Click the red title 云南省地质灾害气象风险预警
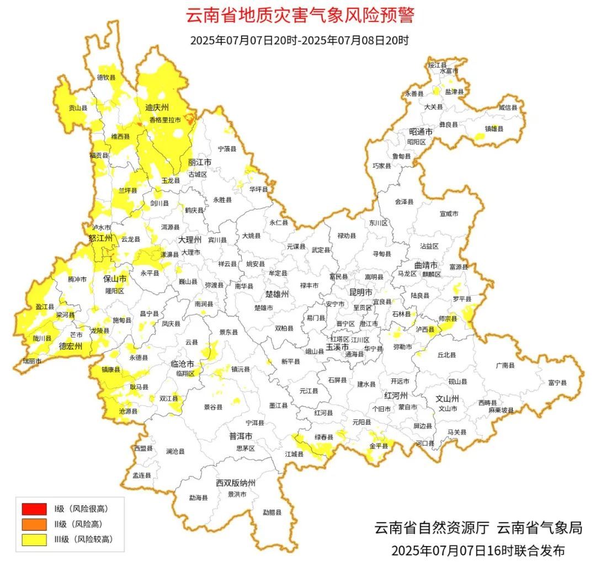(x=300, y=15)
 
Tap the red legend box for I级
(x=34, y=509)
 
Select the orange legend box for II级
(x=34, y=524)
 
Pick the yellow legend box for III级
(x=34, y=539)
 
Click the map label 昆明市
(x=361, y=291)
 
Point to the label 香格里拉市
(x=165, y=120)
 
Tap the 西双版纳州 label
(x=236, y=483)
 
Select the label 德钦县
(x=107, y=78)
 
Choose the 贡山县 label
(x=77, y=108)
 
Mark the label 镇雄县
(x=494, y=129)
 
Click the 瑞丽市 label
(x=31, y=361)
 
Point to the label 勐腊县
(x=272, y=512)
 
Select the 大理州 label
(x=190, y=240)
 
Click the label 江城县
(x=294, y=454)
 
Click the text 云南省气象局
(x=539, y=527)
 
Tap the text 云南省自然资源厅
(x=432, y=527)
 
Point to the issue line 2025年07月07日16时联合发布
(x=478, y=550)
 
